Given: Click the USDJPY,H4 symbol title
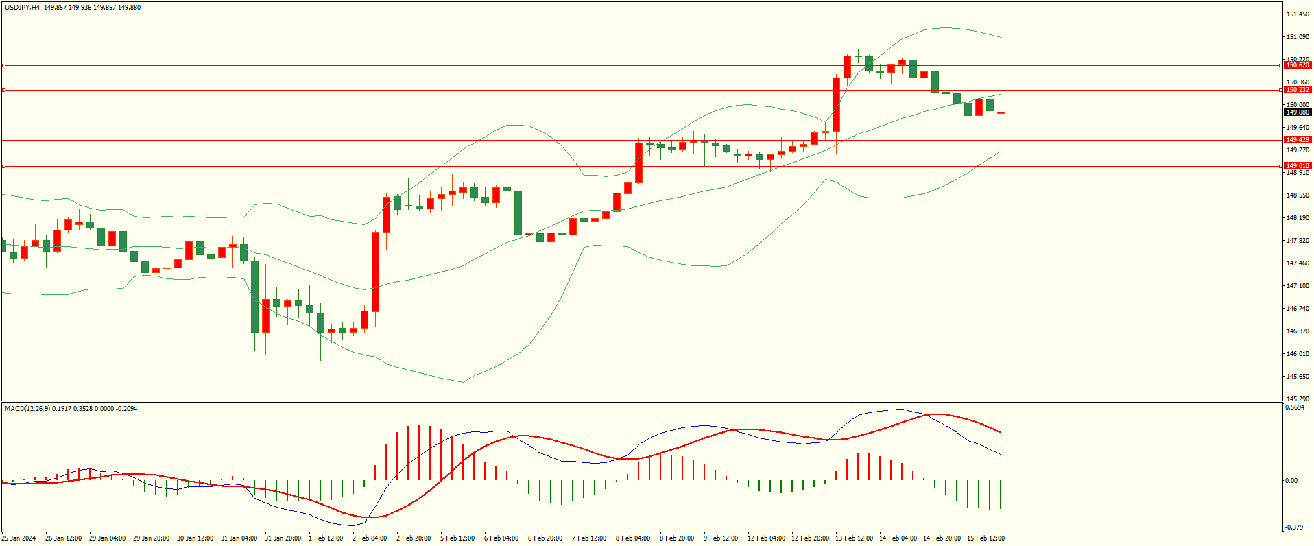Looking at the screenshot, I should coord(23,8).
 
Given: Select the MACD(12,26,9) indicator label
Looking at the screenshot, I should coord(27,409).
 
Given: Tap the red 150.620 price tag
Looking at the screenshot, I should coord(1297,65).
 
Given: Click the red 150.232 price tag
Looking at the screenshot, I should coord(1297,90).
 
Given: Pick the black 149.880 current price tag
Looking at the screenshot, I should coord(1297,112).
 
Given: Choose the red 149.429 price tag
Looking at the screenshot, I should coord(1297,140).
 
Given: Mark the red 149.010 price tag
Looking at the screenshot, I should coord(1297,166).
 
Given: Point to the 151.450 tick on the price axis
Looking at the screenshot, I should coord(1298,14).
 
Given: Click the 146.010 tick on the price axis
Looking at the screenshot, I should coord(1298,354).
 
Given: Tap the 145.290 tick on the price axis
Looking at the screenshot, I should coord(1298,399).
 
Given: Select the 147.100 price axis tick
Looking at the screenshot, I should coord(1298,286).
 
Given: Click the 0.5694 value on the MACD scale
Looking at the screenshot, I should coord(1295,407).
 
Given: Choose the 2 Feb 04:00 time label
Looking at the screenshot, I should coord(370,538).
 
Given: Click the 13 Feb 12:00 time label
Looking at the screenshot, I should coord(854,538).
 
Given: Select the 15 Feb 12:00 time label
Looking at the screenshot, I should coord(985,538).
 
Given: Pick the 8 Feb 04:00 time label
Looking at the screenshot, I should coord(633,538).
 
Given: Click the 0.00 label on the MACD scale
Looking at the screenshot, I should coord(1291,481).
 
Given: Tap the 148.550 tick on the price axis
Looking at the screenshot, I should coord(1298,195).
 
